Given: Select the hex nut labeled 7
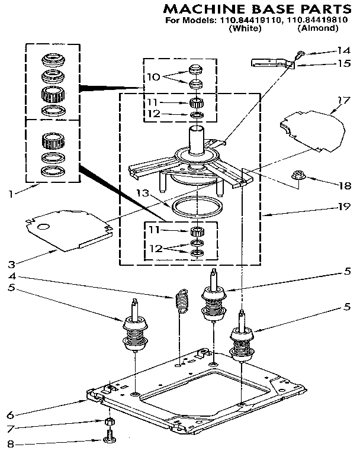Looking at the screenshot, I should [110, 423].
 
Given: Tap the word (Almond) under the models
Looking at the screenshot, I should [319, 28].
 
